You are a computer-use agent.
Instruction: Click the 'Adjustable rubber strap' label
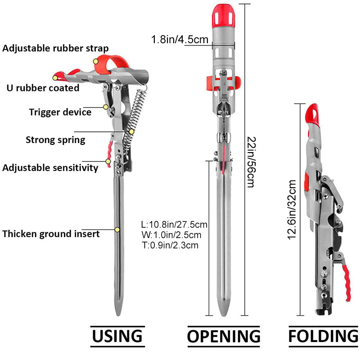point(55,48)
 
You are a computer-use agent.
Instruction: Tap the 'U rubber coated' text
point(43,88)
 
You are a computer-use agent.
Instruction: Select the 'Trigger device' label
point(60,112)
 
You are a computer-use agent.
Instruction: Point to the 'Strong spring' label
point(55,139)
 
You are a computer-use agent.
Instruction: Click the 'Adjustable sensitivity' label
point(50,168)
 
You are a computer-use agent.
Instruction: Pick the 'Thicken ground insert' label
point(51,234)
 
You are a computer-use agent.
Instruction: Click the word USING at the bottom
point(117,336)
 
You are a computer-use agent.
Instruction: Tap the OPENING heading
point(224,336)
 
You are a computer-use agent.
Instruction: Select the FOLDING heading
point(323,336)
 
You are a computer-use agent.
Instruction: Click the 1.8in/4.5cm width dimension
point(180,40)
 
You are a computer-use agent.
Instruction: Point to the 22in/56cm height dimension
point(250,162)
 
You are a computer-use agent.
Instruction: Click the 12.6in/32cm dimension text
point(292,209)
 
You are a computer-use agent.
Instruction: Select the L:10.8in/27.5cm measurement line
point(174,225)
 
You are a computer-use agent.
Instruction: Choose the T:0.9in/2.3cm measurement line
point(170,245)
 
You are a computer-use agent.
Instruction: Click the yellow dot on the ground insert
point(117,229)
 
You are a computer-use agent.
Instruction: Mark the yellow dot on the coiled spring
point(132,131)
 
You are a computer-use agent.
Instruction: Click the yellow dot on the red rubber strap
point(96,61)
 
